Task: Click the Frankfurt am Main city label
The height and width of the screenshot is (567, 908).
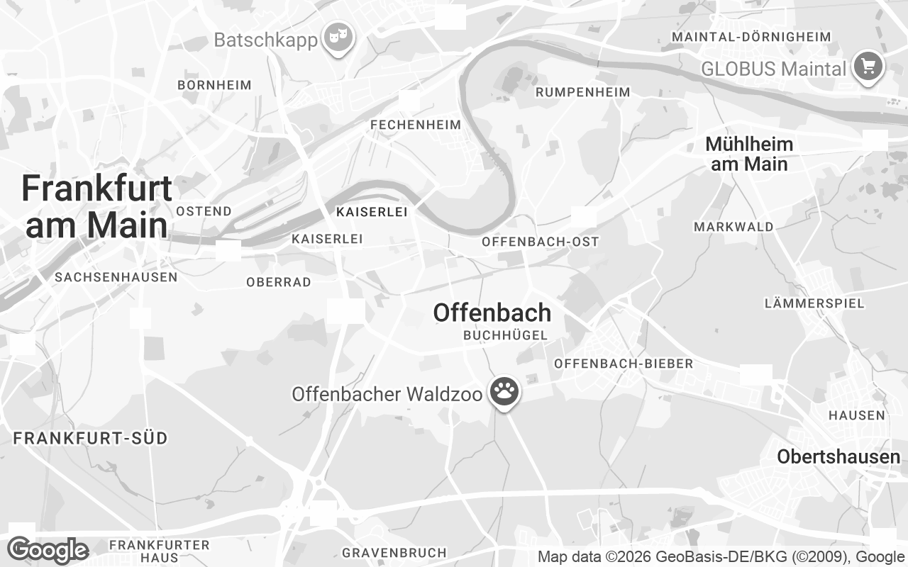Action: point(96,207)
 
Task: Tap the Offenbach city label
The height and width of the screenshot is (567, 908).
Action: point(492,313)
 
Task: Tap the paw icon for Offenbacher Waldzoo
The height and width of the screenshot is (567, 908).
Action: point(504,391)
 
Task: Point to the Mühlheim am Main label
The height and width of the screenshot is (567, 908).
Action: point(749,154)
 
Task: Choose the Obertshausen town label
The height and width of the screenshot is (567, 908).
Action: point(838,457)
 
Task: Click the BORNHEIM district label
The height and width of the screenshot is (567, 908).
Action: point(215,85)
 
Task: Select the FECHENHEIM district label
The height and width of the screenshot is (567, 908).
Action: point(416,125)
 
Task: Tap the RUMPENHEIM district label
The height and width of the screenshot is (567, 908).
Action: point(582,92)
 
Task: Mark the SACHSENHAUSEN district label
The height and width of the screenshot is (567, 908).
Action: point(116,277)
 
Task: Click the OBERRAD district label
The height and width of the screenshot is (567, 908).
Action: point(279,282)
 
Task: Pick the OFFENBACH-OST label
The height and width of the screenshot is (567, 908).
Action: point(541,242)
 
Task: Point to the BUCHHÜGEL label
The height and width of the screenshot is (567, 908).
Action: point(506,336)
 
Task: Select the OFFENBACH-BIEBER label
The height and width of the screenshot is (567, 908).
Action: point(624,364)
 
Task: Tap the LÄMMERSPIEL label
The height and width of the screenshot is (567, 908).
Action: point(814,303)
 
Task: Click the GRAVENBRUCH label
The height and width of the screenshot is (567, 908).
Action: point(394,552)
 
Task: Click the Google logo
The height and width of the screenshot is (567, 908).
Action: point(48,551)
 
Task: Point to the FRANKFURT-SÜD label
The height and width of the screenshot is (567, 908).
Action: point(91,438)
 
